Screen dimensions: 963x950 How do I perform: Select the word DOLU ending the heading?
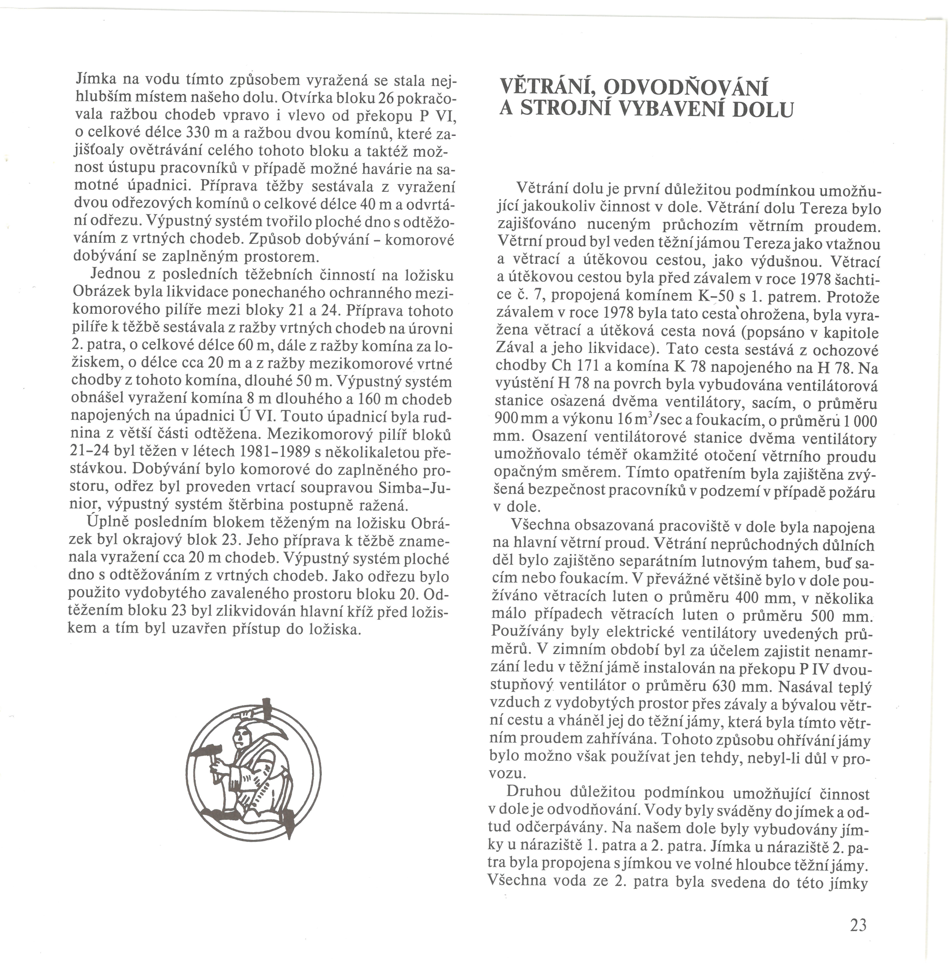click(763, 110)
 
